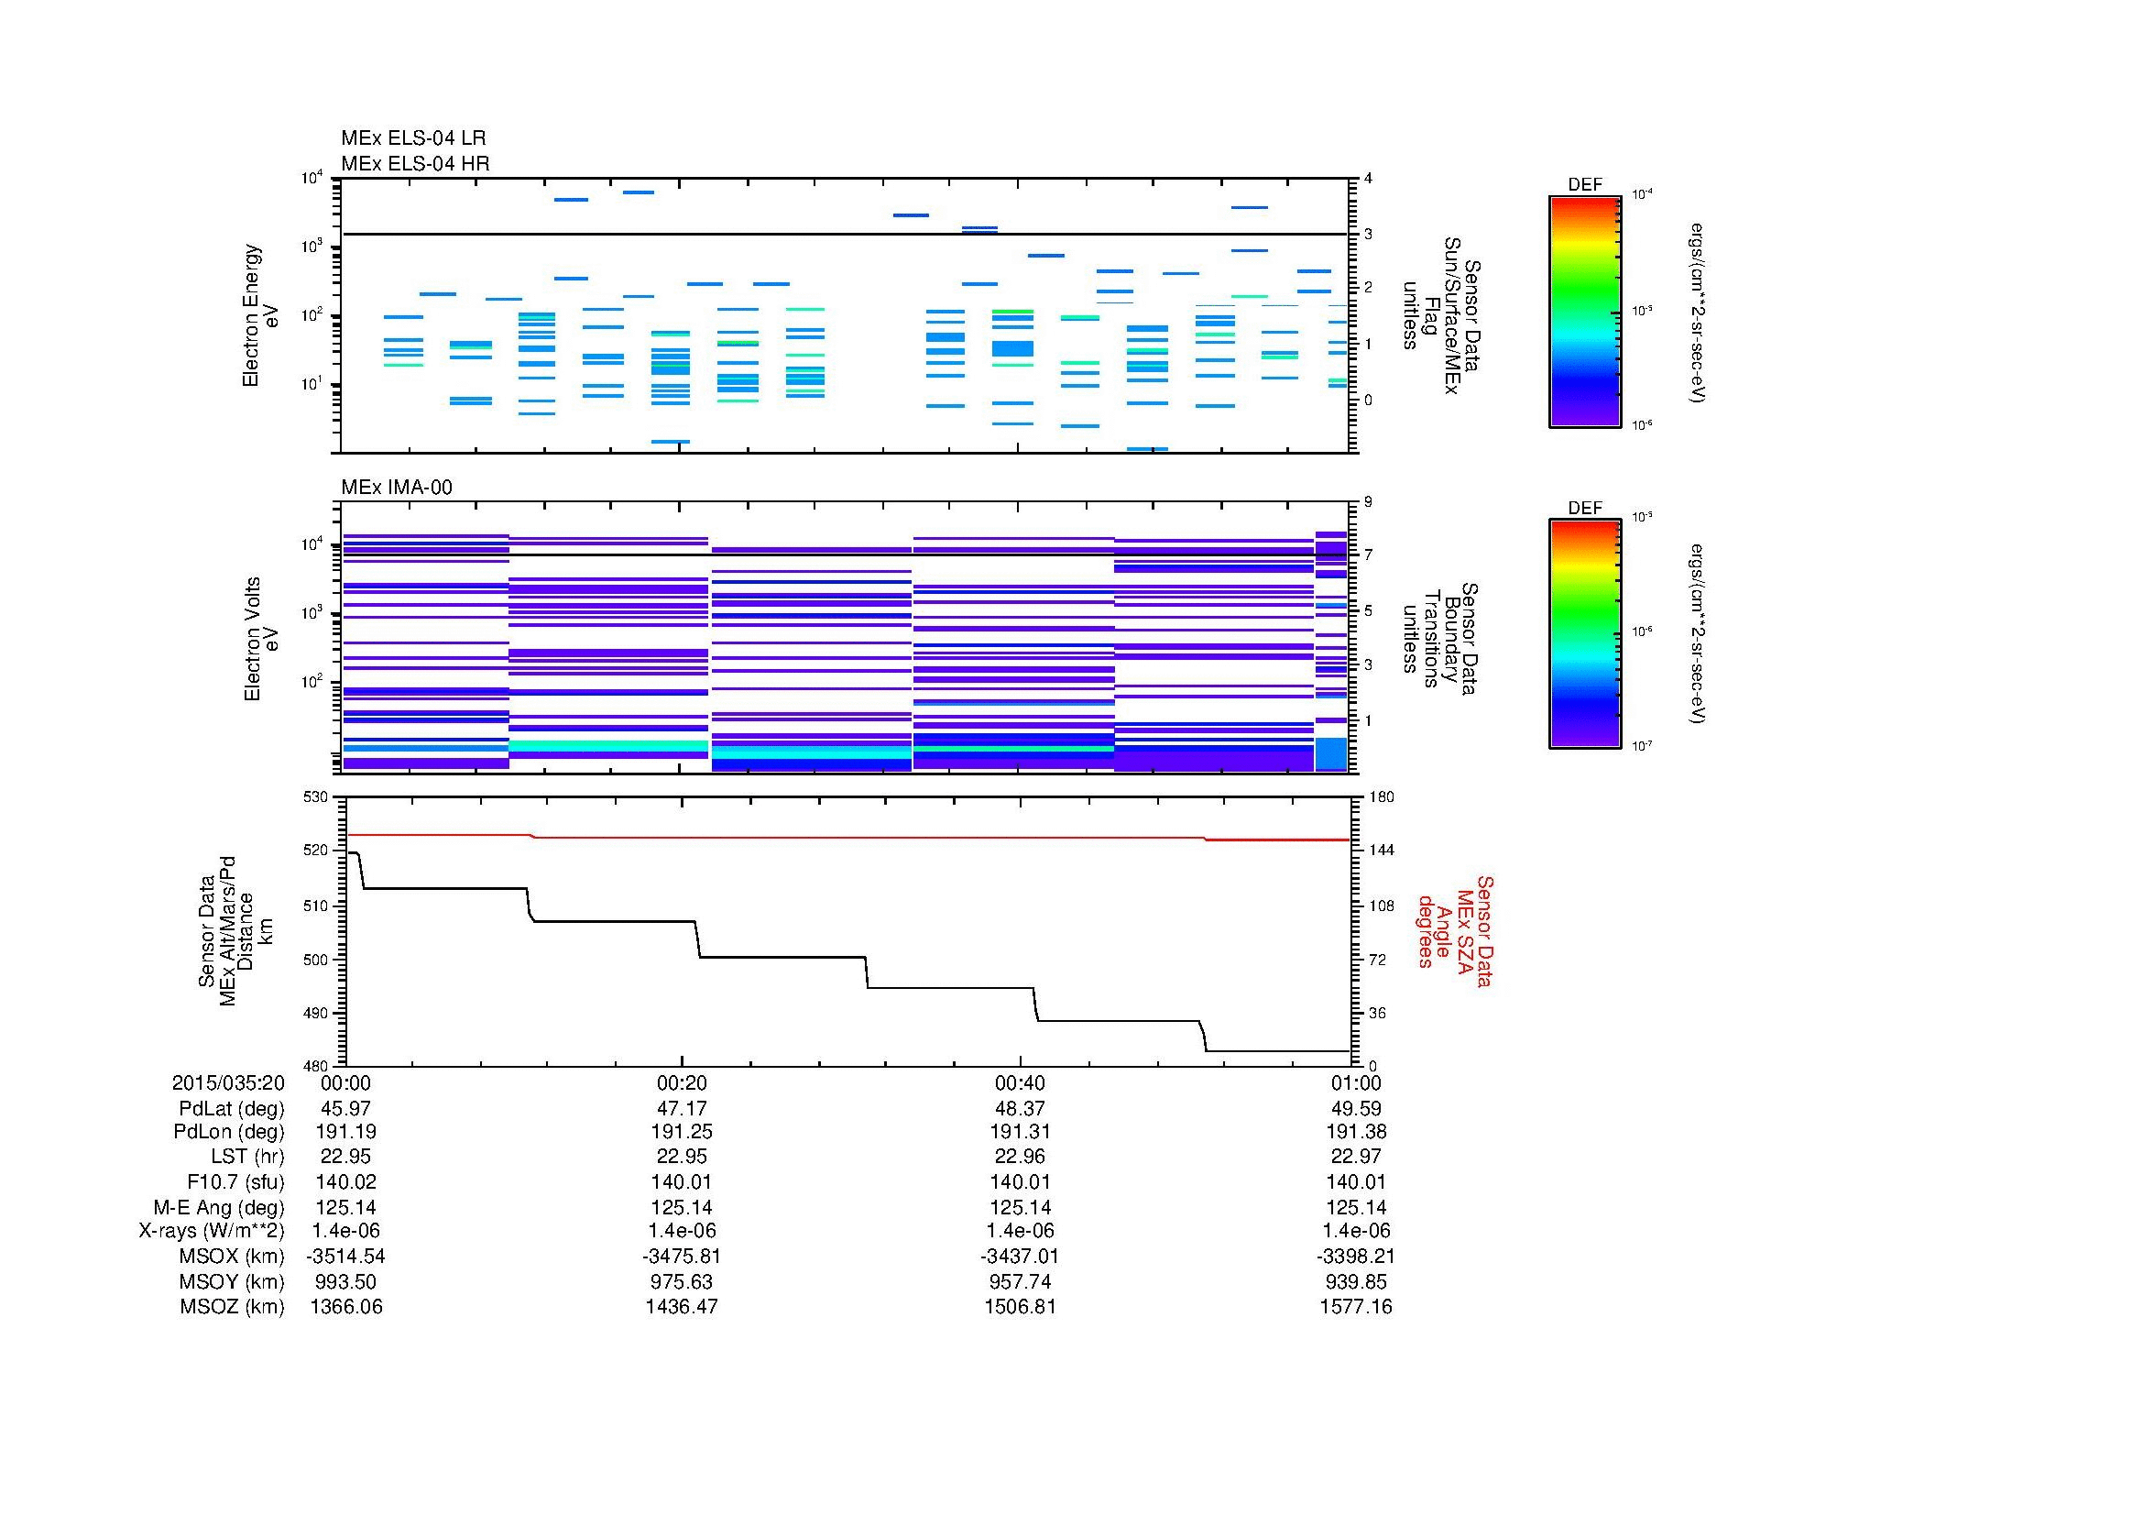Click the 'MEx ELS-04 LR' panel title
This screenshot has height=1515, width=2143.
point(412,138)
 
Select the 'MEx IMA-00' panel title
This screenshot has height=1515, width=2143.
point(397,488)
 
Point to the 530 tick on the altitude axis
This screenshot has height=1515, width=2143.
point(316,797)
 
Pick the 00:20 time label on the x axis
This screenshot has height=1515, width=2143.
point(682,1082)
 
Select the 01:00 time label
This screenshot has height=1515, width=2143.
point(1356,1082)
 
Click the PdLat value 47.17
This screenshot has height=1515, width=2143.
point(682,1109)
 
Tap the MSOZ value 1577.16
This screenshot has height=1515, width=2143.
point(1355,1307)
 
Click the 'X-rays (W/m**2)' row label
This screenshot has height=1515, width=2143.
point(212,1231)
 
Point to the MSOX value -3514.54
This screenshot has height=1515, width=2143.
point(346,1257)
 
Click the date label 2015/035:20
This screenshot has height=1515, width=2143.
point(228,1082)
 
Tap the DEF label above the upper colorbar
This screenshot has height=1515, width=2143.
point(1585,185)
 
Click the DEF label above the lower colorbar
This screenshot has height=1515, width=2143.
point(1585,509)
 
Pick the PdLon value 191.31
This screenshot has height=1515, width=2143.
point(1019,1132)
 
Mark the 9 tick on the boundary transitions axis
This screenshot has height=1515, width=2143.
point(1368,502)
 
